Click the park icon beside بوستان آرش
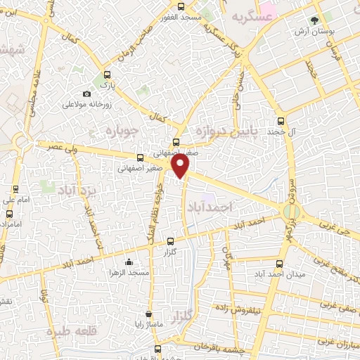(x=314, y=21)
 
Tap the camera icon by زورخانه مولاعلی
(x=86, y=94)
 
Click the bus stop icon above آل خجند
(x=281, y=121)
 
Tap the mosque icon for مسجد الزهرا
(x=129, y=262)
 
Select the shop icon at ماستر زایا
(x=148, y=314)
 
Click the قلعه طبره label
(x=70, y=331)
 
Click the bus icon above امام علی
(x=15, y=189)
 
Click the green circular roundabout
(x=290, y=212)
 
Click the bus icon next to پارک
(x=107, y=75)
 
